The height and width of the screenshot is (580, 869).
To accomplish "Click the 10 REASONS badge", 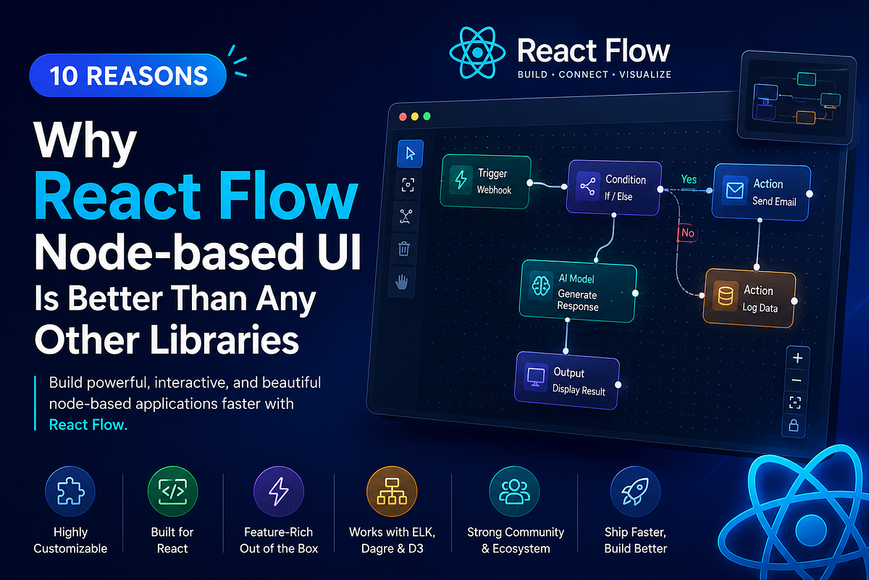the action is pos(128,75).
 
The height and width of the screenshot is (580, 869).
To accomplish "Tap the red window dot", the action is pos(403,117).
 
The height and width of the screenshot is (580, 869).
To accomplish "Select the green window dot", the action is pos(427,116).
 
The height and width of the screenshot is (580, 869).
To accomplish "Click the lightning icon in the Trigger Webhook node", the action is pos(461,180).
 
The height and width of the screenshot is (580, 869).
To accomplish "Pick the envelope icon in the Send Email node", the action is pos(735,191).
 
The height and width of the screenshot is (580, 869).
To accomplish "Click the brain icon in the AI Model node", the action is pos(541,286).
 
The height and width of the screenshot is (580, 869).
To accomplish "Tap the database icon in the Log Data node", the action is pos(725,296).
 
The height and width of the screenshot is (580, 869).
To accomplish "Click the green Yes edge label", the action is pos(689,179).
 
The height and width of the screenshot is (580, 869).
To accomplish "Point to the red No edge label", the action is pos(687,233).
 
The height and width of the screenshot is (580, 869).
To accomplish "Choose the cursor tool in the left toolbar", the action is pos(410,154).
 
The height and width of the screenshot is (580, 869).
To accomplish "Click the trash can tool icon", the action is pos(404,248).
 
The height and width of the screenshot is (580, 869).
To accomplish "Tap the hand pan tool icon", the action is pos(402,281).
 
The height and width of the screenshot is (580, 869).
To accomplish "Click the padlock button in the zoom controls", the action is pos(794,426).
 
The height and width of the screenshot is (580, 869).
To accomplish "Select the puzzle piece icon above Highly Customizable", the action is pos(70,492).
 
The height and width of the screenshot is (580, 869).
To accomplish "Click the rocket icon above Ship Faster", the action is pos(635,492).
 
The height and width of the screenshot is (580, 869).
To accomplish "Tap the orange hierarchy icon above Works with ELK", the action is pos(392,492).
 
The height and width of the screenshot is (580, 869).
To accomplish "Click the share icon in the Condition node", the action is pos(588,186).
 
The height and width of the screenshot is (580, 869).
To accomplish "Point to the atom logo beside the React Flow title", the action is pos(477,52).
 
